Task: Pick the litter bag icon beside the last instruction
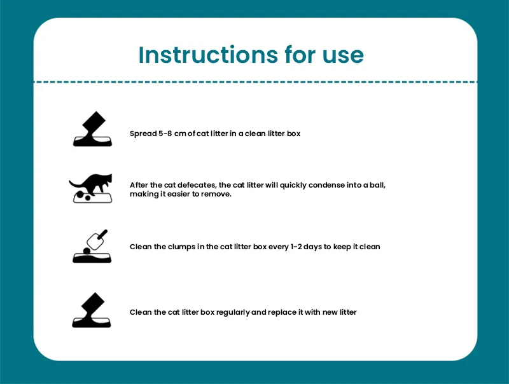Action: pyautogui.click(x=92, y=310)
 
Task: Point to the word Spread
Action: pyautogui.click(x=143, y=134)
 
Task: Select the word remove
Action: pyautogui.click(x=216, y=194)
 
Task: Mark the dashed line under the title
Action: pyautogui.click(x=254, y=82)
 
